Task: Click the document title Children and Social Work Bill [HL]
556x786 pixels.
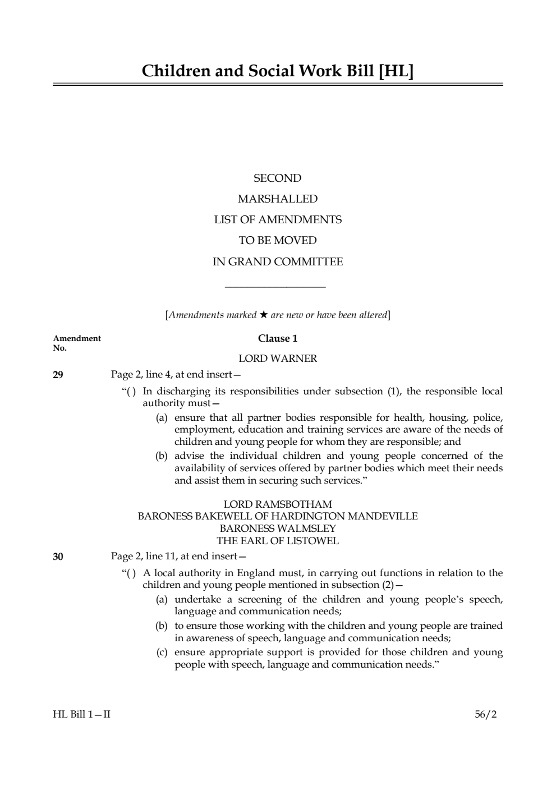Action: tap(278, 71)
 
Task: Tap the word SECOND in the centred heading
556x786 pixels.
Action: tap(278, 178)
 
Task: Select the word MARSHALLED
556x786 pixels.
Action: tap(278, 199)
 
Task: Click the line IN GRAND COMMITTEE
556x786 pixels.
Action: tap(278, 262)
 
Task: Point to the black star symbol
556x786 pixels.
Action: tap(263, 315)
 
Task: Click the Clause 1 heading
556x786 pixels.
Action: tap(278, 338)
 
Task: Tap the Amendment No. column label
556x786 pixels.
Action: tap(76, 343)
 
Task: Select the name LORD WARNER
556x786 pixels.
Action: tap(278, 358)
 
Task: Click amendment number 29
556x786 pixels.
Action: tap(58, 375)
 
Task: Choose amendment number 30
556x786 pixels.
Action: tap(58, 557)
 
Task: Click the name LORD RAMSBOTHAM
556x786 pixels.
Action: tap(278, 504)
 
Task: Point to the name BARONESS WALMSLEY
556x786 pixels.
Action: tap(278, 528)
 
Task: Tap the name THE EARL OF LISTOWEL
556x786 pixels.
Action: tap(278, 541)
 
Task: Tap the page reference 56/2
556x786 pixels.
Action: tap(486, 714)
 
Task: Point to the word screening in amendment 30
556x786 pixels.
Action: tap(260, 599)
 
